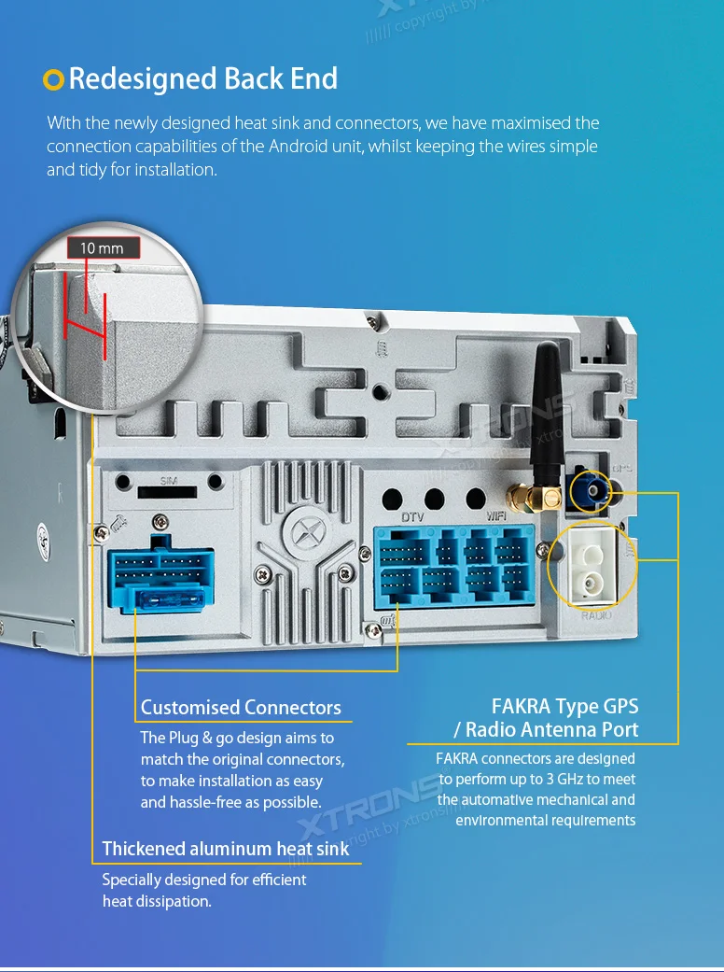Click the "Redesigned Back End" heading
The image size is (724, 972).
point(202,78)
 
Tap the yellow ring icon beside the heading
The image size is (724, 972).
point(54,80)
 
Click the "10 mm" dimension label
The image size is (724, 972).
point(102,248)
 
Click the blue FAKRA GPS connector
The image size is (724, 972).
point(589,490)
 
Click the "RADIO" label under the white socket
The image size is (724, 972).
point(596,616)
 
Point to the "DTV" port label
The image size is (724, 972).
point(412,516)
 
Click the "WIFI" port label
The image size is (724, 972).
point(496,516)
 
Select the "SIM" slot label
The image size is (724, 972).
point(168,480)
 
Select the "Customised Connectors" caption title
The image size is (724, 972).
point(241,707)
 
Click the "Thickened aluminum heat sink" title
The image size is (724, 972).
point(225,849)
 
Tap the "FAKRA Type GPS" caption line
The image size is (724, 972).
point(564,706)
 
